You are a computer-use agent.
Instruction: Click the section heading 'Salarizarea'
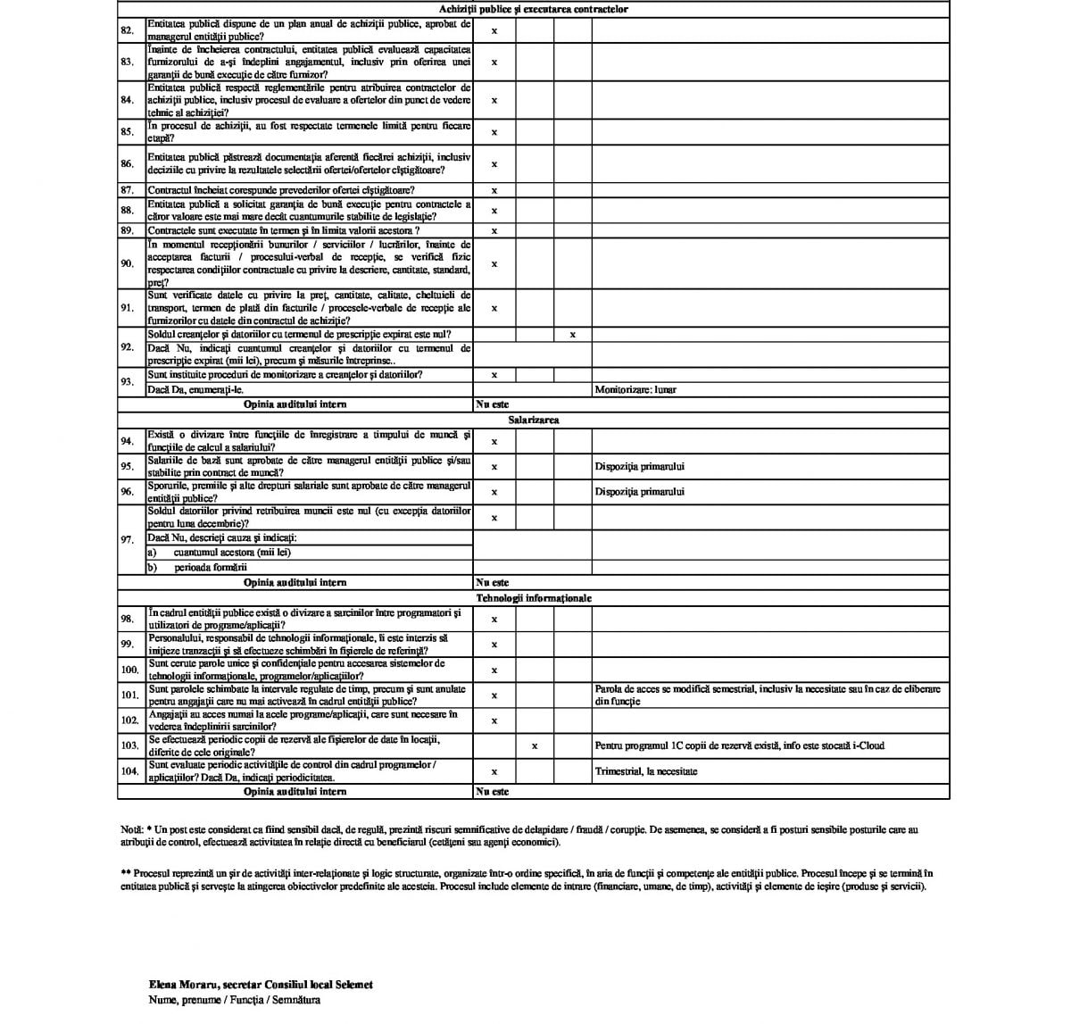click(534, 420)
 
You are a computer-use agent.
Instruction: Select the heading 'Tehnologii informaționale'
click(534, 598)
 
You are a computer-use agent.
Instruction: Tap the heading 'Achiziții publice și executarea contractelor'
click(534, 9)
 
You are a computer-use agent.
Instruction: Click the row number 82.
click(127, 30)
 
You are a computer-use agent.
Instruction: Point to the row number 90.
click(127, 263)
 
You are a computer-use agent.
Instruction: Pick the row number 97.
click(127, 539)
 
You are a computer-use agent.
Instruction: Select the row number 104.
click(129, 771)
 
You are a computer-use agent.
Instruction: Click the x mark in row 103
click(535, 745)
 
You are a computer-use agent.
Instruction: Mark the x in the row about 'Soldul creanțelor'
click(573, 335)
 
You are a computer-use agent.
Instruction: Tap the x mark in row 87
click(494, 190)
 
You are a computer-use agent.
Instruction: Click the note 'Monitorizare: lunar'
click(635, 390)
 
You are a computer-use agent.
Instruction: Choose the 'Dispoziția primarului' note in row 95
click(640, 466)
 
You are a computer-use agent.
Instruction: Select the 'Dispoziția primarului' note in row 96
click(640, 492)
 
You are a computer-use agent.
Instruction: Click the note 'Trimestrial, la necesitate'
click(645, 771)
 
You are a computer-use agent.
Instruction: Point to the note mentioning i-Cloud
click(739, 745)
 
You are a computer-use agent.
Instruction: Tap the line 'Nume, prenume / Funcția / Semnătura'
click(235, 1000)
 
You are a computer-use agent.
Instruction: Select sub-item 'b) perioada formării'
click(197, 567)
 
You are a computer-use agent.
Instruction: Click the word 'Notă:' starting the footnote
click(130, 829)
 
